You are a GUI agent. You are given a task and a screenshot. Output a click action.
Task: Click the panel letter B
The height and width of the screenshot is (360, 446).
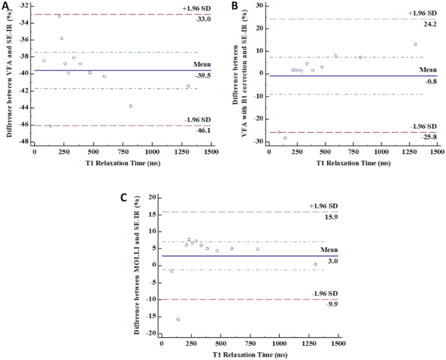click(235, 6)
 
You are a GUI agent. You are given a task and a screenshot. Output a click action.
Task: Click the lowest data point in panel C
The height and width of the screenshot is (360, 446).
click(178, 320)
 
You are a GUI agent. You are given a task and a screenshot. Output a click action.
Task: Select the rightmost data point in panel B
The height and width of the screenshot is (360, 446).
click(415, 44)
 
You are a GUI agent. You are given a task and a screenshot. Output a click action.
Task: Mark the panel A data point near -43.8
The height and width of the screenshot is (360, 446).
click(131, 105)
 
